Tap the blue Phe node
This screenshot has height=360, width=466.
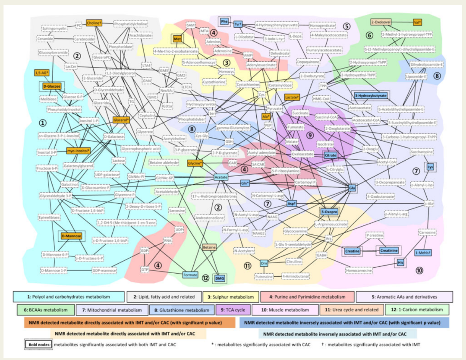[224, 21]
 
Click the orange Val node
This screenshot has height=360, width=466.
[417, 22]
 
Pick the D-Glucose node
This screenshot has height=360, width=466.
[52, 87]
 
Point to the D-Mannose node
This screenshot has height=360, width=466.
[71, 236]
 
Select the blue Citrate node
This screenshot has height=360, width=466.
[331, 155]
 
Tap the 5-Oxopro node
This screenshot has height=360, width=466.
[329, 212]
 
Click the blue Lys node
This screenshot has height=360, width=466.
[430, 167]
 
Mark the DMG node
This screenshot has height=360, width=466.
[220, 279]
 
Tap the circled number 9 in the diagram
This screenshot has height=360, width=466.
[309, 136]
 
